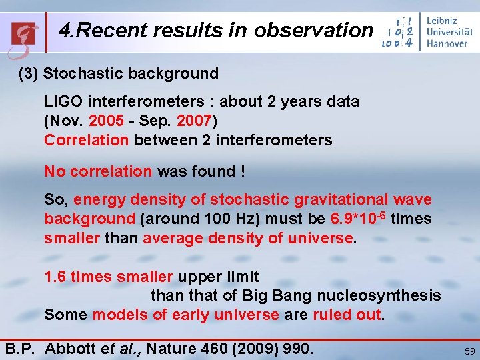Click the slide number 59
(x=468, y=350)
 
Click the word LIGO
(x=63, y=101)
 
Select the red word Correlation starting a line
(x=87, y=140)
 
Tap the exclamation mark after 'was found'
(x=243, y=171)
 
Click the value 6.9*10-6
(x=358, y=218)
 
